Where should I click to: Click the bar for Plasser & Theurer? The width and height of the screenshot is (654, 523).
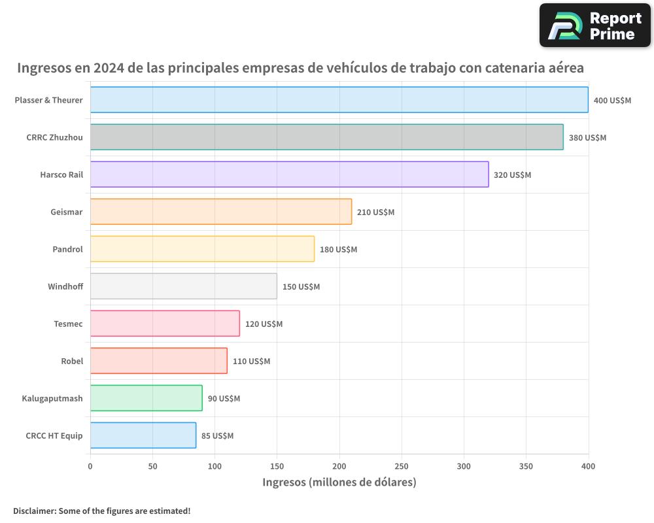pyautogui.click(x=339, y=100)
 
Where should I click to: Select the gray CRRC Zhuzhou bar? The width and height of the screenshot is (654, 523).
pyautogui.click(x=326, y=137)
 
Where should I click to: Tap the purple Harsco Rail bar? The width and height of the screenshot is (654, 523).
pyautogui.click(x=289, y=175)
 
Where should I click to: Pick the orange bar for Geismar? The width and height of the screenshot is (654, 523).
pyautogui.click(x=220, y=212)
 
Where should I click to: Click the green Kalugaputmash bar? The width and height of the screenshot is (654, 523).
pyautogui.click(x=146, y=398)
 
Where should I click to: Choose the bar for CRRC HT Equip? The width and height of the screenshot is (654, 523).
pyautogui.click(x=143, y=435)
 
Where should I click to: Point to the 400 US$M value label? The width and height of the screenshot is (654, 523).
pyautogui.click(x=612, y=101)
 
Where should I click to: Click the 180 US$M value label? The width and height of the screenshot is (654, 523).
pyautogui.click(x=338, y=250)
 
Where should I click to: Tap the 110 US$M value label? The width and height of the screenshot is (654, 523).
pyautogui.click(x=251, y=362)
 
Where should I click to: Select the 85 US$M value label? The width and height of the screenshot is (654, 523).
pyautogui.click(x=217, y=436)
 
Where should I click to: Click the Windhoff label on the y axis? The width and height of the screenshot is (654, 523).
pyautogui.click(x=65, y=287)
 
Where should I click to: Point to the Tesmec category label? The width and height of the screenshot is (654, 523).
pyautogui.click(x=68, y=324)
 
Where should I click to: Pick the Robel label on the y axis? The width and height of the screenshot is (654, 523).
pyautogui.click(x=72, y=362)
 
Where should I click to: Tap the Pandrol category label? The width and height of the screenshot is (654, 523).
pyautogui.click(x=67, y=250)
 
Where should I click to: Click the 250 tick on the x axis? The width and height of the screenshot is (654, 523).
pyautogui.click(x=402, y=466)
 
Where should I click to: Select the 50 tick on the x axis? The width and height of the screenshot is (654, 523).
pyautogui.click(x=152, y=466)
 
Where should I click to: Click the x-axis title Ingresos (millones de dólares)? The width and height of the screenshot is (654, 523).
pyautogui.click(x=339, y=482)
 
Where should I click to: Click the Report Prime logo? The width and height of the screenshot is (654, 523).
pyautogui.click(x=595, y=25)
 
